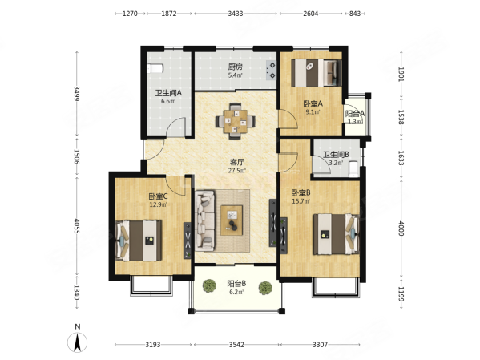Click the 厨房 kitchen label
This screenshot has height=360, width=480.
click(235, 67)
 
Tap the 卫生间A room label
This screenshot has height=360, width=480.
click(168, 92)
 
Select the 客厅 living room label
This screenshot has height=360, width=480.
click(237, 162)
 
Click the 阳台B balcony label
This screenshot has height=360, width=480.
click(236, 284)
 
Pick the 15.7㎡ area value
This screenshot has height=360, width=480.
click(301, 201)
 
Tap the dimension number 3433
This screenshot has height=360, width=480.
click(236, 14)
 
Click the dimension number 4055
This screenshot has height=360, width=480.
click(77, 226)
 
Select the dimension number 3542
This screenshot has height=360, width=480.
click(236, 345)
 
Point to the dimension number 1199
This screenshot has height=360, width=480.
click(401, 293)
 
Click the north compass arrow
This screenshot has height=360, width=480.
click(78, 342)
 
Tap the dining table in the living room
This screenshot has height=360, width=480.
click(236, 121)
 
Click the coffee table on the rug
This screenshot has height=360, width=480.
click(232, 220)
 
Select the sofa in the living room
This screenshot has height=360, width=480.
click(205, 220)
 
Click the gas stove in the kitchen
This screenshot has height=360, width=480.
click(271, 70)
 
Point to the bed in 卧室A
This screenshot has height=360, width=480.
click(317, 73)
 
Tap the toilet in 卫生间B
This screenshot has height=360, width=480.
click(353, 169)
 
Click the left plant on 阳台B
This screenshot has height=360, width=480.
click(209, 285)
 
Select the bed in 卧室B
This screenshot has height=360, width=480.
click(336, 234)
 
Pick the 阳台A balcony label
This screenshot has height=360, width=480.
click(355, 114)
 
